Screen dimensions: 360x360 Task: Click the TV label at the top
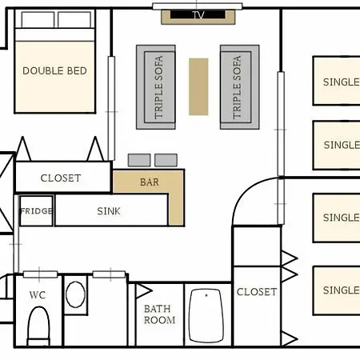coord(198,15)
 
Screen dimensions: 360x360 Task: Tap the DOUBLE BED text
coord(54,71)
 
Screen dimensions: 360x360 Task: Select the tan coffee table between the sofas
coord(198,86)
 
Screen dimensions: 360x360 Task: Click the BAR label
coord(150,182)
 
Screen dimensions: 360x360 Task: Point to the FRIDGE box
coord(36,210)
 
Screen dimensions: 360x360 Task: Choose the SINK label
coord(109,211)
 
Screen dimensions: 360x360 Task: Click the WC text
coord(38,295)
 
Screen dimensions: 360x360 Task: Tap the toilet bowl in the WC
coord(39,326)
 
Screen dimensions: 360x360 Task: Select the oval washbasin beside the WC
coord(75,294)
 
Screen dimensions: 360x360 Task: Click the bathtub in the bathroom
coord(206,315)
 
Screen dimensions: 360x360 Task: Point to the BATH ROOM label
coord(159,314)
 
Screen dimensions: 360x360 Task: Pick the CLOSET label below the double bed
coord(61,178)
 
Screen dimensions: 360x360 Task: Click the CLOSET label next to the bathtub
coord(257,292)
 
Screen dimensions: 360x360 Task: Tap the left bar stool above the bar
coord(139,160)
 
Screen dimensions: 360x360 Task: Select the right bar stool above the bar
coord(166,160)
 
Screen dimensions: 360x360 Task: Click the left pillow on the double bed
coord(38,19)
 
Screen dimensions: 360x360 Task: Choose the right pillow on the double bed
coord(74,19)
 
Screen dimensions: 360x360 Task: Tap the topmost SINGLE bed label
coord(342,82)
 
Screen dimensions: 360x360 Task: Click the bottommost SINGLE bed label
coord(342,290)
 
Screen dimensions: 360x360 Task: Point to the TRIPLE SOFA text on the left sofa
coord(158,87)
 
